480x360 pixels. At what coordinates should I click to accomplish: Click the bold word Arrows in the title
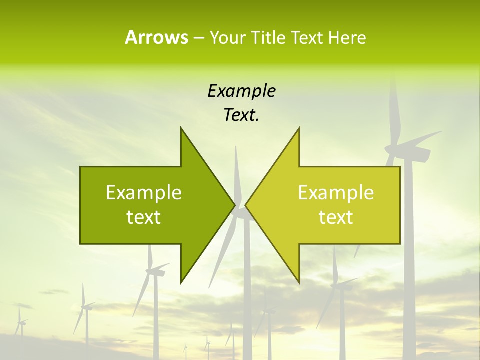pos(156,37)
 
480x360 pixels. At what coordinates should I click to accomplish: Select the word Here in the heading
pos(347,37)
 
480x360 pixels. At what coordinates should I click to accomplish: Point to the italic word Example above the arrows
pos(241,91)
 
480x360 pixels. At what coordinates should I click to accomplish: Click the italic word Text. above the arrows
pos(241,115)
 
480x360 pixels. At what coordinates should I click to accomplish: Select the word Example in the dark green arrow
pos(144,192)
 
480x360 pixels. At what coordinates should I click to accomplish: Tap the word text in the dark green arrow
pos(144,217)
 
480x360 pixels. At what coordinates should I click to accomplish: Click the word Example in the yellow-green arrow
pos(336,192)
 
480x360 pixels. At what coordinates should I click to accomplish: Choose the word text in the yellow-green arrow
pos(336,217)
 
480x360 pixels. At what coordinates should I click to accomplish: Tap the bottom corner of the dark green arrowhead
pos(181,282)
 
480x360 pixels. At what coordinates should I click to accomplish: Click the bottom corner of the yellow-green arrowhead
pos(299,282)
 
